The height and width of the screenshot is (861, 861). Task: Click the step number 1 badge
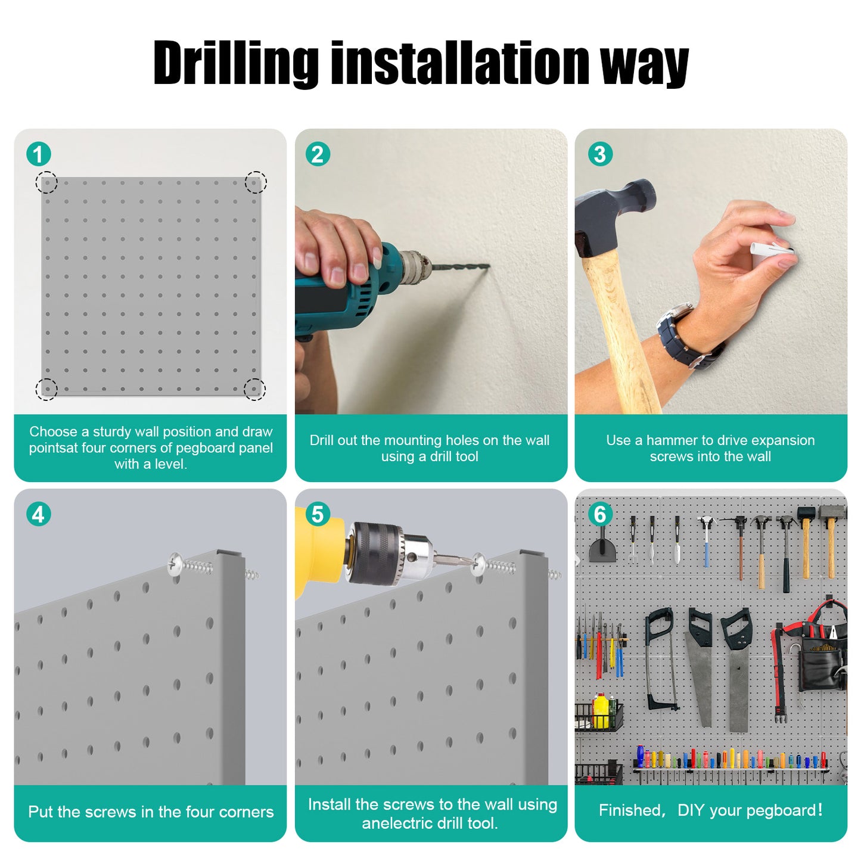(x=38, y=154)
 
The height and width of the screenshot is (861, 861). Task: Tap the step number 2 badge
(x=318, y=154)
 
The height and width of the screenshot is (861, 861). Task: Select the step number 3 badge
(x=600, y=154)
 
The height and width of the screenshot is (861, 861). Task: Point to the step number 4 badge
(x=38, y=514)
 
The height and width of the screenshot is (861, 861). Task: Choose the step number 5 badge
(x=318, y=514)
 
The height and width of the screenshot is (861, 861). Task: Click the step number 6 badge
(x=600, y=514)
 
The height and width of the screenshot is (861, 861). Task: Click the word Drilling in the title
(x=235, y=63)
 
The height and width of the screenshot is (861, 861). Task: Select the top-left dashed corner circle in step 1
(x=46, y=182)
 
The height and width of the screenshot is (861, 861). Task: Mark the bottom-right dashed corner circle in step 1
(x=254, y=388)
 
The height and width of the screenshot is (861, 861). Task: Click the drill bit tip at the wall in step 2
(x=489, y=267)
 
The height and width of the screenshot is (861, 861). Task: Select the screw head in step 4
(x=175, y=564)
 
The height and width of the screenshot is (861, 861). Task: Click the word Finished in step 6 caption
(x=629, y=810)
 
